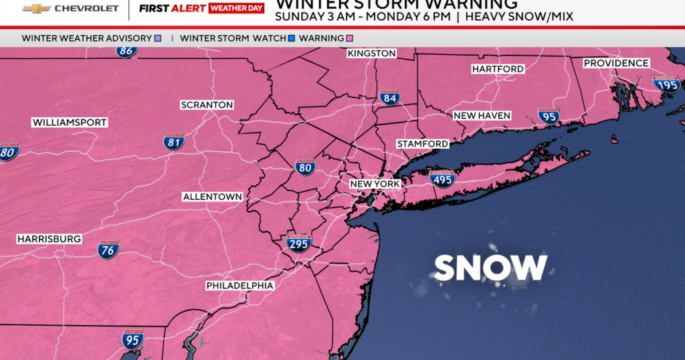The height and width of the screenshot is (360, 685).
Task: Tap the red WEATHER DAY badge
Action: [x=236, y=9]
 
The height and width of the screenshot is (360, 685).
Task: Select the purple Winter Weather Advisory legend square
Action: [x=157, y=38]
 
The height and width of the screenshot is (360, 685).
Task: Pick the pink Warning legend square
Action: [x=349, y=38]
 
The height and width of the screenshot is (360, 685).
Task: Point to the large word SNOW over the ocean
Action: [x=490, y=268]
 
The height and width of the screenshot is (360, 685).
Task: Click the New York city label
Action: [x=375, y=183]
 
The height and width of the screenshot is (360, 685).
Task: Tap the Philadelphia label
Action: [x=239, y=286]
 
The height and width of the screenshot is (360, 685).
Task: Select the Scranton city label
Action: [x=207, y=105]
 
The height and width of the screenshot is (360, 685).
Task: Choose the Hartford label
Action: [x=497, y=69]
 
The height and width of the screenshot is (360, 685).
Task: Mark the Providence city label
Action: [x=616, y=63]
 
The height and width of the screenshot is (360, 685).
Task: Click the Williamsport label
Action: [x=70, y=122]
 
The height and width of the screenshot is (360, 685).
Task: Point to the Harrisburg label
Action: [x=49, y=239]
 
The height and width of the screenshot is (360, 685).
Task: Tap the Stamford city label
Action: [x=422, y=144]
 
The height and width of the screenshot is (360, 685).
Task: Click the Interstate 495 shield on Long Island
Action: [x=442, y=178]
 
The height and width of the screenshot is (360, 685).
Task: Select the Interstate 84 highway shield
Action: [x=390, y=98]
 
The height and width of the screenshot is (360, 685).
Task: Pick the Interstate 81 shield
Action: [x=174, y=141]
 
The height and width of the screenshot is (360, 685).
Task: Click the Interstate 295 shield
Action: [x=298, y=243]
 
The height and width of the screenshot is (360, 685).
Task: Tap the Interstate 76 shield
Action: [x=108, y=250]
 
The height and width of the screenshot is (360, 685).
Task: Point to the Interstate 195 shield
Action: [x=666, y=83]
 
